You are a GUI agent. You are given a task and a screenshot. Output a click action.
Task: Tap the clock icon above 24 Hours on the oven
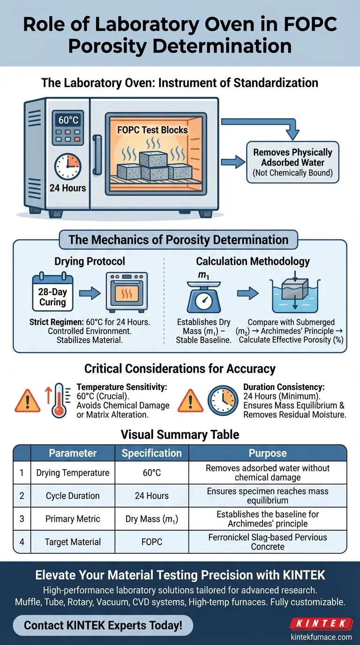point(67,166)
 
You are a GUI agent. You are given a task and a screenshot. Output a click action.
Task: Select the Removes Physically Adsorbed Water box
point(292,162)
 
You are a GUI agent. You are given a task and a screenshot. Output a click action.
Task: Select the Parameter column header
point(73,453)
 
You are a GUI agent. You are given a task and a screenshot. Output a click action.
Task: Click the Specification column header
point(151,453)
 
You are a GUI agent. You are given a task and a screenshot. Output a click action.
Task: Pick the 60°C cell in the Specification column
point(151,473)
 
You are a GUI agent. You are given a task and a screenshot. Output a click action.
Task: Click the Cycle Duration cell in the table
point(73,496)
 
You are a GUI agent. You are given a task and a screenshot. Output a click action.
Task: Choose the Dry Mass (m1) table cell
point(151,519)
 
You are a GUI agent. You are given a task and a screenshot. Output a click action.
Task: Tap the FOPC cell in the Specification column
point(151,542)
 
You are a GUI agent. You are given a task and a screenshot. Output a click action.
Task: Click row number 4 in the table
point(22,542)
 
